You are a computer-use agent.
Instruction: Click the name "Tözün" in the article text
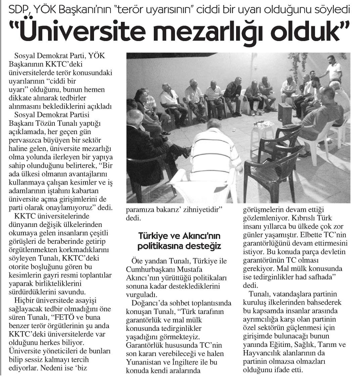[50, 123]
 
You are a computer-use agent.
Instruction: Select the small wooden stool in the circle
[285, 112]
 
